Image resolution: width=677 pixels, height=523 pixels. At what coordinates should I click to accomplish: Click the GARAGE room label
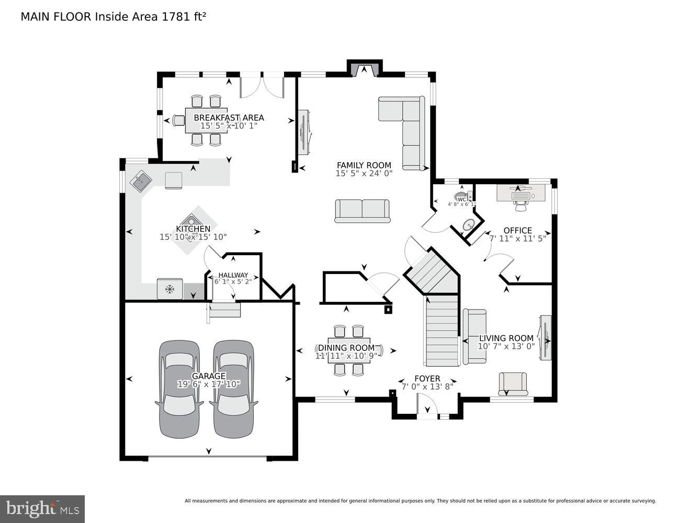click(209, 376)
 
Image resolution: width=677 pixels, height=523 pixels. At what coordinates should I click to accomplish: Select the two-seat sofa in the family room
click(362, 211)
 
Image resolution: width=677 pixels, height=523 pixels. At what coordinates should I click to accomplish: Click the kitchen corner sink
click(141, 183)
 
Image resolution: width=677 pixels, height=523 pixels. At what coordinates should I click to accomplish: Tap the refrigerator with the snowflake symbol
click(170, 289)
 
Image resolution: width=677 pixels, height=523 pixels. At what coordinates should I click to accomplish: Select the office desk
click(521, 193)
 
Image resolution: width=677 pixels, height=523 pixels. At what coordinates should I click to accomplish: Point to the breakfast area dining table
click(206, 121)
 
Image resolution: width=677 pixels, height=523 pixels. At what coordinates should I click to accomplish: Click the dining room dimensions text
click(346, 356)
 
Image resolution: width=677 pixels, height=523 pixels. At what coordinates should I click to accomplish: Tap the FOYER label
click(427, 378)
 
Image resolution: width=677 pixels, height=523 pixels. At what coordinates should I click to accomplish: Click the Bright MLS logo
click(42, 508)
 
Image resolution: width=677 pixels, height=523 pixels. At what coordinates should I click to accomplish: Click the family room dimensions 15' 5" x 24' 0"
click(364, 173)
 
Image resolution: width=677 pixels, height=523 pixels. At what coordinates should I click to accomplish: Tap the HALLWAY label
click(233, 275)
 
